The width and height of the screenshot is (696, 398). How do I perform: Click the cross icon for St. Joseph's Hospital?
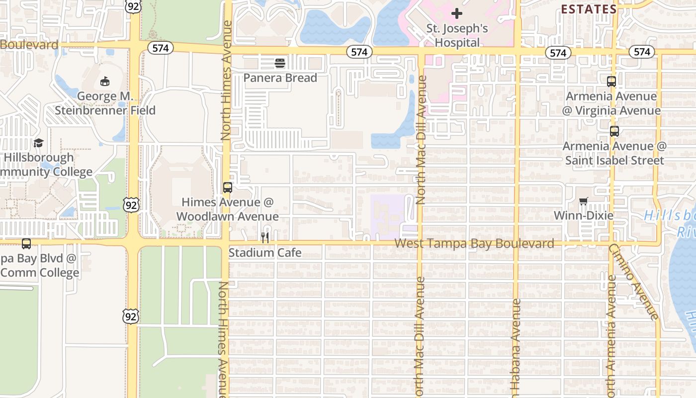pyautogui.click(x=457, y=13)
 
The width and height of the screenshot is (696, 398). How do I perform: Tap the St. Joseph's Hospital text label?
pyautogui.click(x=457, y=35)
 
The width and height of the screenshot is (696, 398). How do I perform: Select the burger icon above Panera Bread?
pyautogui.click(x=280, y=63)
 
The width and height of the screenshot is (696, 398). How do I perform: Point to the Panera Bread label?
pyautogui.click(x=280, y=78)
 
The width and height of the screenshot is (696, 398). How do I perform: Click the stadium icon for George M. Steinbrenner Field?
pyautogui.click(x=105, y=81)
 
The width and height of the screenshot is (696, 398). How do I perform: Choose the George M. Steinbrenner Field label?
pyautogui.click(x=105, y=103)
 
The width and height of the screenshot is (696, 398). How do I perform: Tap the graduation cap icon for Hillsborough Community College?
pyautogui.click(x=38, y=143)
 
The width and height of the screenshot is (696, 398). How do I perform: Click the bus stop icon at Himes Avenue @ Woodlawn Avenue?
pyautogui.click(x=228, y=188)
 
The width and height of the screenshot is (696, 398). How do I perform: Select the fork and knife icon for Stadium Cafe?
pyautogui.click(x=265, y=238)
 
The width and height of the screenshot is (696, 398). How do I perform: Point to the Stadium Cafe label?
pyautogui.click(x=265, y=253)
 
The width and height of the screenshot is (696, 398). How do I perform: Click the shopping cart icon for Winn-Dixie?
pyautogui.click(x=583, y=201)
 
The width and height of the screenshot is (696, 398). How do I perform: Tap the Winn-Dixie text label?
pyautogui.click(x=583, y=215)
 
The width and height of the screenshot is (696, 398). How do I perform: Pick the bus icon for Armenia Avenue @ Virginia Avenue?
pyautogui.click(x=611, y=82)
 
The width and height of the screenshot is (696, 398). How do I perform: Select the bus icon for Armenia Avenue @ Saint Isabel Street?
pyautogui.click(x=614, y=131)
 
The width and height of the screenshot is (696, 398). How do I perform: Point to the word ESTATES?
pyautogui.click(x=589, y=9)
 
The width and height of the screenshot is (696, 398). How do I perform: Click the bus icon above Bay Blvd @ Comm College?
pyautogui.click(x=26, y=244)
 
